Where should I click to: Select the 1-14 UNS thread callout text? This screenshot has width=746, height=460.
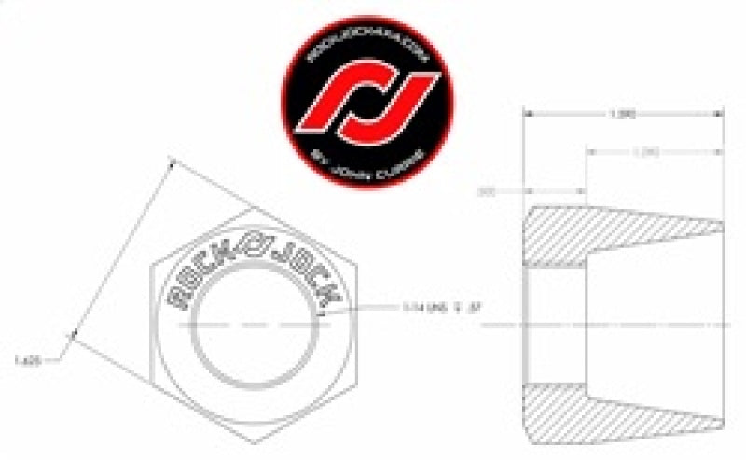[433, 306]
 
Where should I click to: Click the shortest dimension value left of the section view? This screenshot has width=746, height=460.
[485, 192]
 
